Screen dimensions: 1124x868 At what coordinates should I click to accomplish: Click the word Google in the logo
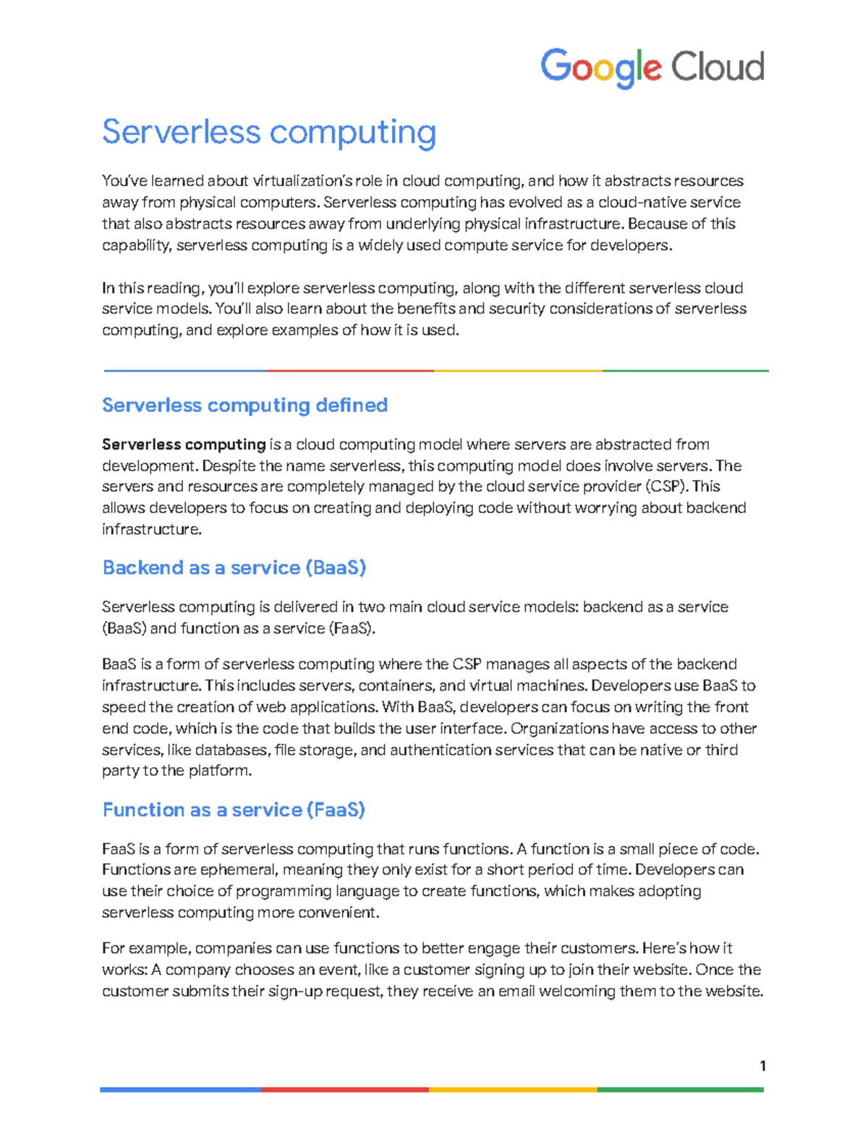600,67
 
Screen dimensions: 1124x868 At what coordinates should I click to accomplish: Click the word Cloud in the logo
717,67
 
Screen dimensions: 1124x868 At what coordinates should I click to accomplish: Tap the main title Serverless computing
268,132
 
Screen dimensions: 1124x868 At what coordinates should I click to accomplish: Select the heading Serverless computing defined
244,405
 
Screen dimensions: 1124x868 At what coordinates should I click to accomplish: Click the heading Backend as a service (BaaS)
234,567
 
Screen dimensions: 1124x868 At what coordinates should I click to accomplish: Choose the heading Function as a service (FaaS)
233,809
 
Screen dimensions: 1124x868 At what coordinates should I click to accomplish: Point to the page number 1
762,1065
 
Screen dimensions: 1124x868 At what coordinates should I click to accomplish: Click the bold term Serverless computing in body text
184,444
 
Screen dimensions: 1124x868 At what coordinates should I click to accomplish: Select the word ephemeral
238,870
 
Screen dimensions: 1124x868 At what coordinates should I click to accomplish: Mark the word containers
396,685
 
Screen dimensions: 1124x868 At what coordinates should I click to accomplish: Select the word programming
281,891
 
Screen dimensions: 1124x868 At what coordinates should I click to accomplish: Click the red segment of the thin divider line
349,371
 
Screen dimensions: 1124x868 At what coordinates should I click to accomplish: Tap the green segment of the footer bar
680,1089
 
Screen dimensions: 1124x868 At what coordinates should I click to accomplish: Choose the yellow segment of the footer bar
513,1089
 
